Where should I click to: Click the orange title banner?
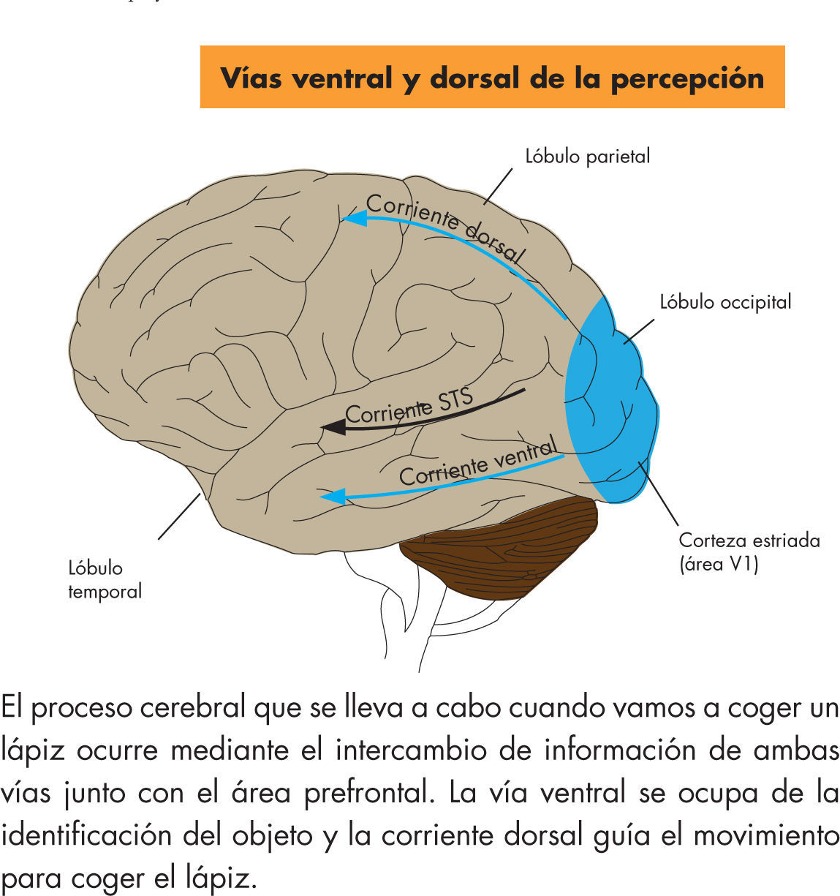(492, 77)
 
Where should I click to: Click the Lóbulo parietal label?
(587, 156)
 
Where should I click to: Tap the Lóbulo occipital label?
(725, 301)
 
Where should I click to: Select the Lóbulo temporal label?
(105, 579)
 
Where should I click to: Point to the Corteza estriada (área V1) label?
(749, 551)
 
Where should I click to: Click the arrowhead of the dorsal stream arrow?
(354, 217)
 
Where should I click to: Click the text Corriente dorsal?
(445, 227)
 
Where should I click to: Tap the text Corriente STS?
(409, 407)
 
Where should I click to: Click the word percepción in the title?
(687, 78)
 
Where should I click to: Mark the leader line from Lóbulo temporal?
(179, 516)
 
